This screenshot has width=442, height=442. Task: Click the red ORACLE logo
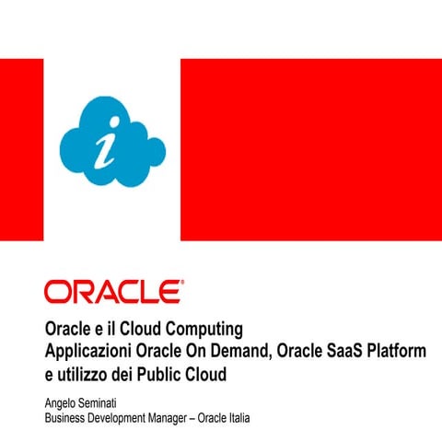(x=111, y=293)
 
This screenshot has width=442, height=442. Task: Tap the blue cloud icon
(x=111, y=142)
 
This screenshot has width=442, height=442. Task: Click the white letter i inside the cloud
(x=111, y=145)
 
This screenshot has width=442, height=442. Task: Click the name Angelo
(x=63, y=402)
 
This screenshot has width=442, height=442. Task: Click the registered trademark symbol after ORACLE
(x=181, y=285)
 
